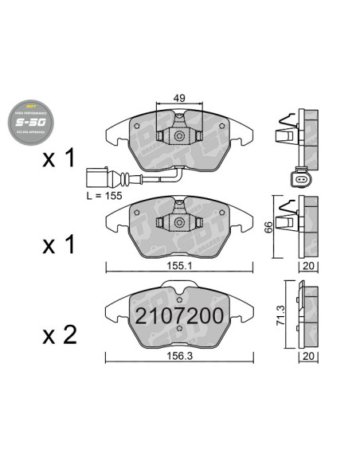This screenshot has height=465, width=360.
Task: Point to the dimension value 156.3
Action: click(179, 357)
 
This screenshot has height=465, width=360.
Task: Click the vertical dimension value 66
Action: click(270, 229)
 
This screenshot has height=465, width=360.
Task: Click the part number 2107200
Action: click(178, 314)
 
